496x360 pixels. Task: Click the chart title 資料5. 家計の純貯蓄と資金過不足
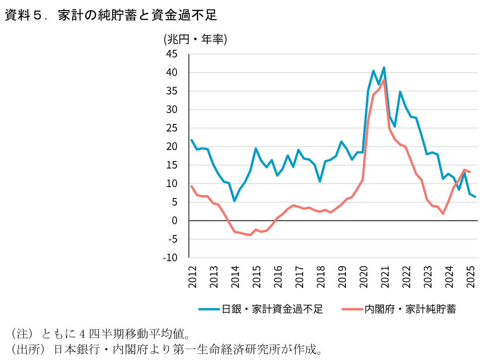click(111, 16)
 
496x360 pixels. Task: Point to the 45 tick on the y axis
click(172, 54)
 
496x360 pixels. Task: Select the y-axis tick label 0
click(175, 221)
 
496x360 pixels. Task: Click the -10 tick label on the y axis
click(170, 258)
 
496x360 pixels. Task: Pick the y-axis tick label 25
click(172, 128)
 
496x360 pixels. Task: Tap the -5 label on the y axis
click(172, 239)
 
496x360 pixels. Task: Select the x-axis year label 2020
click(364, 277)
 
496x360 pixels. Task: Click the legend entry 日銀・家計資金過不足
click(272, 309)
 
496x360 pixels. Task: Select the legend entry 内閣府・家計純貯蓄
click(410, 309)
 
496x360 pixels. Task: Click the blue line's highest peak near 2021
click(384, 68)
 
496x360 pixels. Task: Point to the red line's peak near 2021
click(384, 80)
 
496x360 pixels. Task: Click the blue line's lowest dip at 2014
click(234, 200)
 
